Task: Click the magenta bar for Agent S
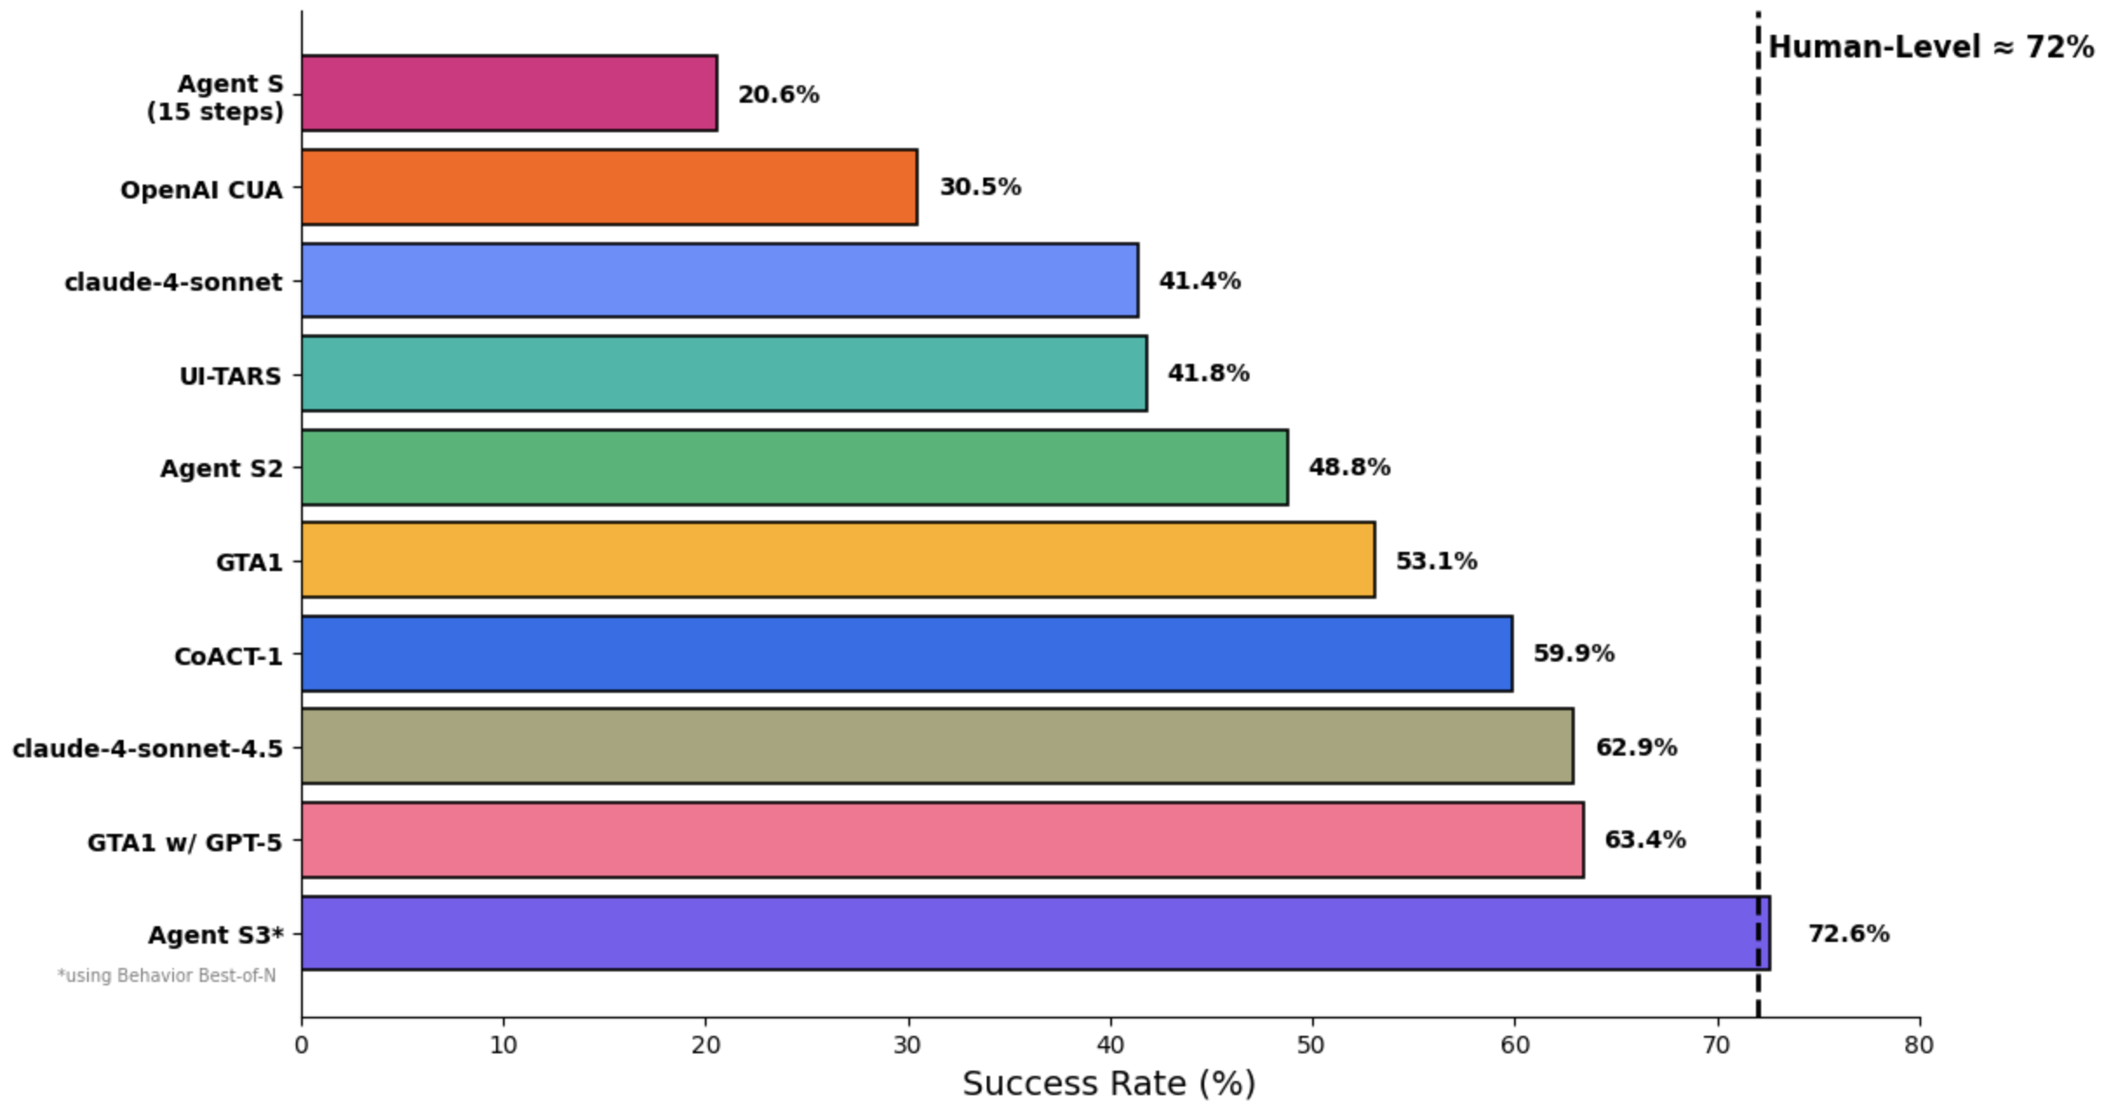coord(509,93)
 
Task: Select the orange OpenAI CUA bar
coord(609,187)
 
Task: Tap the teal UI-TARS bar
coord(724,373)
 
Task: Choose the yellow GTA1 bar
coord(838,560)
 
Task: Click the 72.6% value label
coord(1848,933)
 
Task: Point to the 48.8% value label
coord(1349,467)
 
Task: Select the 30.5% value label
coord(980,187)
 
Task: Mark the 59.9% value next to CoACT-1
coord(1573,654)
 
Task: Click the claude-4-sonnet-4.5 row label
coord(148,749)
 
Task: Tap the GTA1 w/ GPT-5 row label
coord(184,842)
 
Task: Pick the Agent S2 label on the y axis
coord(221,468)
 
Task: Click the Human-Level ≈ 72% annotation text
coord(1930,47)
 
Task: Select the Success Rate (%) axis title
coord(1109,1084)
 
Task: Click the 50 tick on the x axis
coord(1311,1045)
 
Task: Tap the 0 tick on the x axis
coord(302,1045)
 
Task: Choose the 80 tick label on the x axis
coord(1919,1045)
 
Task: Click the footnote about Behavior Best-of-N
coord(167,976)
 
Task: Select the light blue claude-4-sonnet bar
coord(720,280)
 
